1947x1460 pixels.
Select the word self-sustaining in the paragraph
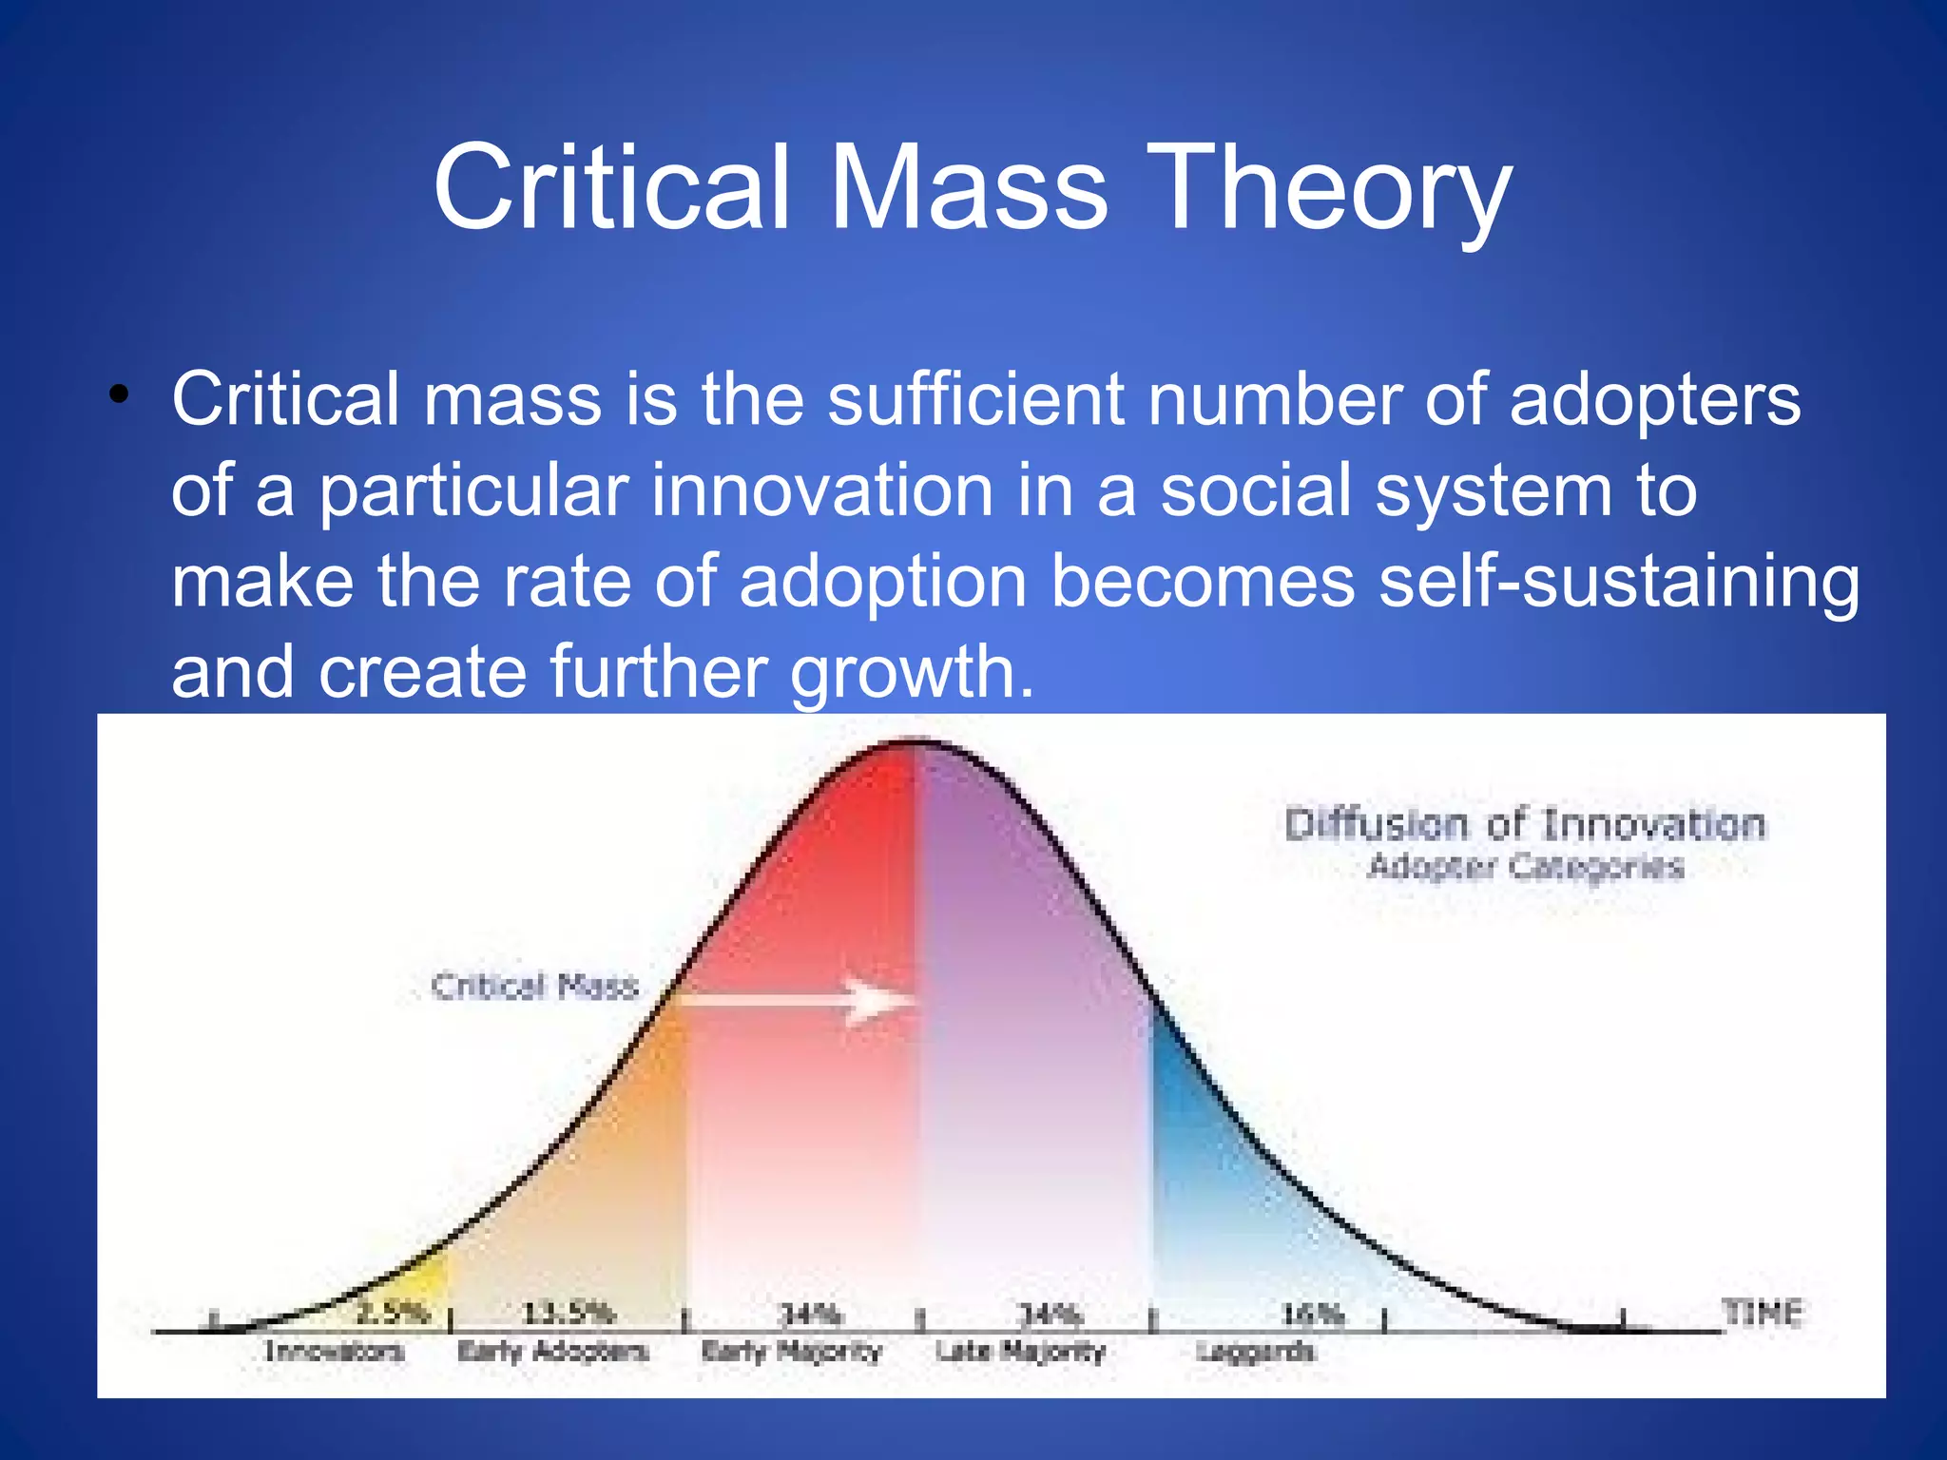(1618, 582)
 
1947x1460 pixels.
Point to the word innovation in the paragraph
(822, 490)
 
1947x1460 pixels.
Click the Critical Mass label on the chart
(534, 986)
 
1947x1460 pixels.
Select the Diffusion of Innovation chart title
(1525, 824)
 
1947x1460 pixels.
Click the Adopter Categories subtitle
(1525, 867)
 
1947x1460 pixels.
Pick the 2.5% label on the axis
(393, 1315)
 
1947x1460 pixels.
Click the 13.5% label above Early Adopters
(569, 1315)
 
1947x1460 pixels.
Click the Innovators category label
(334, 1351)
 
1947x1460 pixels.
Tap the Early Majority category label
(791, 1351)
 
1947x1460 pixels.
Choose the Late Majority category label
(1020, 1351)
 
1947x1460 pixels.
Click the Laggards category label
(1254, 1351)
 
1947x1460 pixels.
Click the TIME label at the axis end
(1763, 1314)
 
